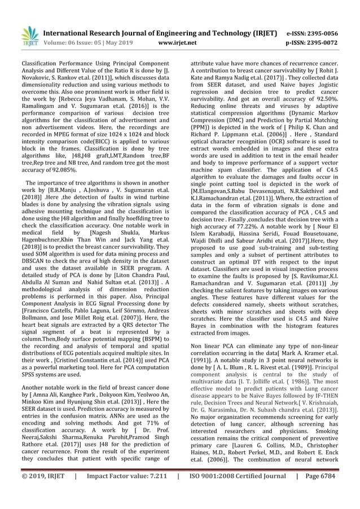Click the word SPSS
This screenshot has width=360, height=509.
coord(30,371)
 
